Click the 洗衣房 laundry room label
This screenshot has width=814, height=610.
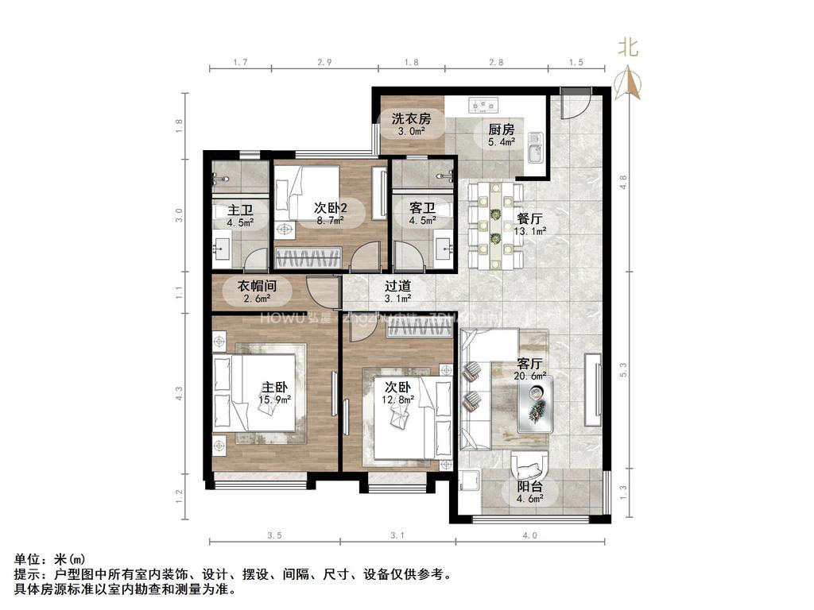(410, 118)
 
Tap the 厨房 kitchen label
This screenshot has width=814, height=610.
(501, 129)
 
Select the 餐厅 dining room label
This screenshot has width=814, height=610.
(530, 218)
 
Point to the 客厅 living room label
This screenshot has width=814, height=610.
(530, 362)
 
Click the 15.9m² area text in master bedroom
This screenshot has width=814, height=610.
(274, 400)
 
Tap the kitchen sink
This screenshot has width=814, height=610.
(534, 148)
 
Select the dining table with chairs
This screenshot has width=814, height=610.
(495, 225)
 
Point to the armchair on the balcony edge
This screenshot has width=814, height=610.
(529, 464)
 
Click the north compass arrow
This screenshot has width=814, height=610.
(628, 79)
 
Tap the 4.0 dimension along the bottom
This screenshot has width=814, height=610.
(530, 535)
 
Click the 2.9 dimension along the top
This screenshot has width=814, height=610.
(324, 62)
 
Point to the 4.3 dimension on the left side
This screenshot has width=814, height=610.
(180, 393)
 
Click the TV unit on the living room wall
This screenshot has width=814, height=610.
(593, 384)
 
